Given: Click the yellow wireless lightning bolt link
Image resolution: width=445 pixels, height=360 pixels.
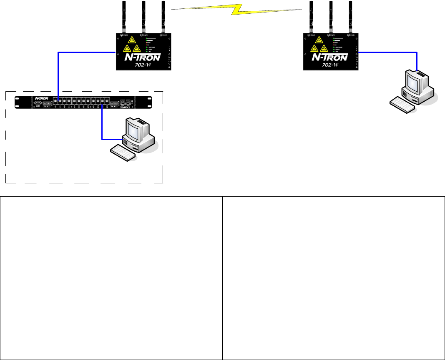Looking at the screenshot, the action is click(236, 11).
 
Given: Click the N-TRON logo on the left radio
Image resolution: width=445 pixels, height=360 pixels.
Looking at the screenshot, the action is click(143, 57).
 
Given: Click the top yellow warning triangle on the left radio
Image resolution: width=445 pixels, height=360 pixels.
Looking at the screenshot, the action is click(132, 40).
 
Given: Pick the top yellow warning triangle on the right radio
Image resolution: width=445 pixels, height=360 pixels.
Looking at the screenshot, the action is click(319, 40).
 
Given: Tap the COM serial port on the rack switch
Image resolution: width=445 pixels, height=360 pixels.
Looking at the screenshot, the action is click(38, 102).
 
